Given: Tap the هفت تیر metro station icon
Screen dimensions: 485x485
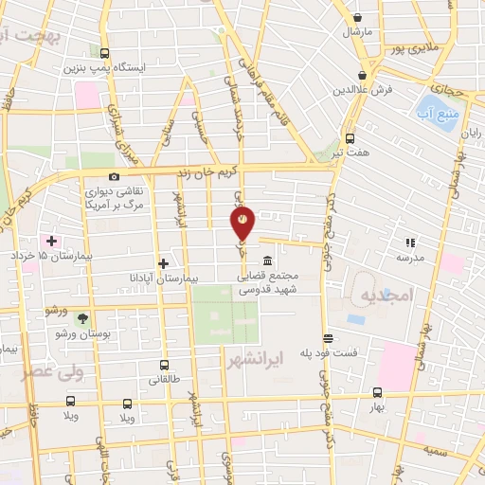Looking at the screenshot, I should [350, 137].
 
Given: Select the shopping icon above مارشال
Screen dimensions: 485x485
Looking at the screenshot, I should [357, 17].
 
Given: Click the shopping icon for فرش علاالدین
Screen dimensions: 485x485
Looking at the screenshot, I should [363, 75].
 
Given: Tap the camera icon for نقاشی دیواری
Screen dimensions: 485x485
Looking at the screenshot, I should [115, 176].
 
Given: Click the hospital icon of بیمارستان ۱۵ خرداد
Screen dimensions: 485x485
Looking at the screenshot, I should [52, 242].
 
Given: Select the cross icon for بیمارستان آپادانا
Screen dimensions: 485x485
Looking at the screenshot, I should [164, 263].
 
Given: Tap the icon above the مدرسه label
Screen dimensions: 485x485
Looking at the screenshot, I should [410, 242].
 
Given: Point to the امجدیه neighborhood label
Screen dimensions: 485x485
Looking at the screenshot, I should [387, 296].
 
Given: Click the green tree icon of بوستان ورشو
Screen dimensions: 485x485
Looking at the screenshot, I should [82, 318].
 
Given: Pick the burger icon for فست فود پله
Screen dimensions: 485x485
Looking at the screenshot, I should [328, 338].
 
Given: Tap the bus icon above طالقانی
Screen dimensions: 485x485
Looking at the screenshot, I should [164, 365].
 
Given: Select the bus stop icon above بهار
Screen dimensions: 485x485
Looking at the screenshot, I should [377, 392].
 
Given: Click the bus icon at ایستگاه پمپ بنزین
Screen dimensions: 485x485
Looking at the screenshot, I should [103, 54].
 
